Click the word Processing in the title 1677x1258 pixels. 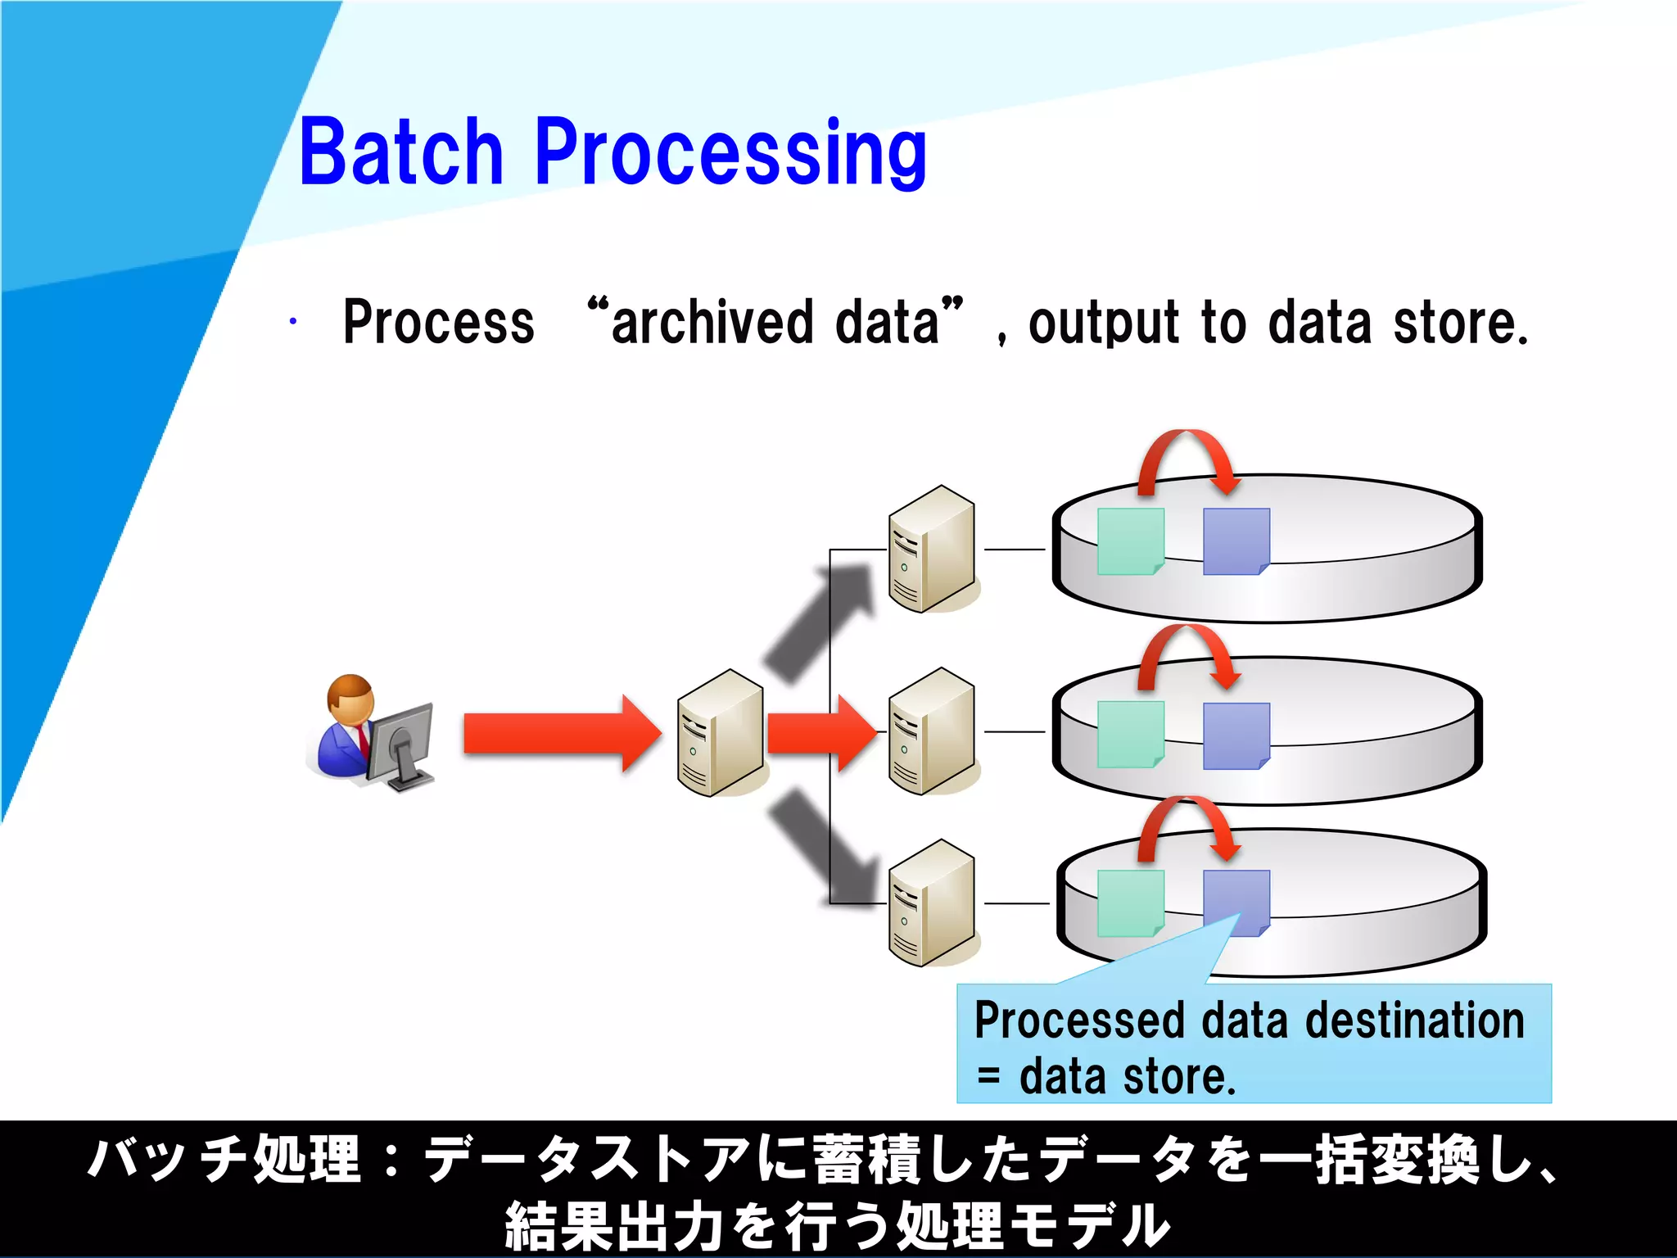730,154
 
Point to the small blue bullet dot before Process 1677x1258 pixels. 292,321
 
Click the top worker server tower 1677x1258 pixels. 932,549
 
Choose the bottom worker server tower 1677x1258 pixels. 932,903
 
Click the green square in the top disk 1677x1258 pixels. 1130,541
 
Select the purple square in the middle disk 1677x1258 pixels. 1236,735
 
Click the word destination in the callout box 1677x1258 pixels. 1414,1020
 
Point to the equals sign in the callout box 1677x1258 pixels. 989,1076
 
